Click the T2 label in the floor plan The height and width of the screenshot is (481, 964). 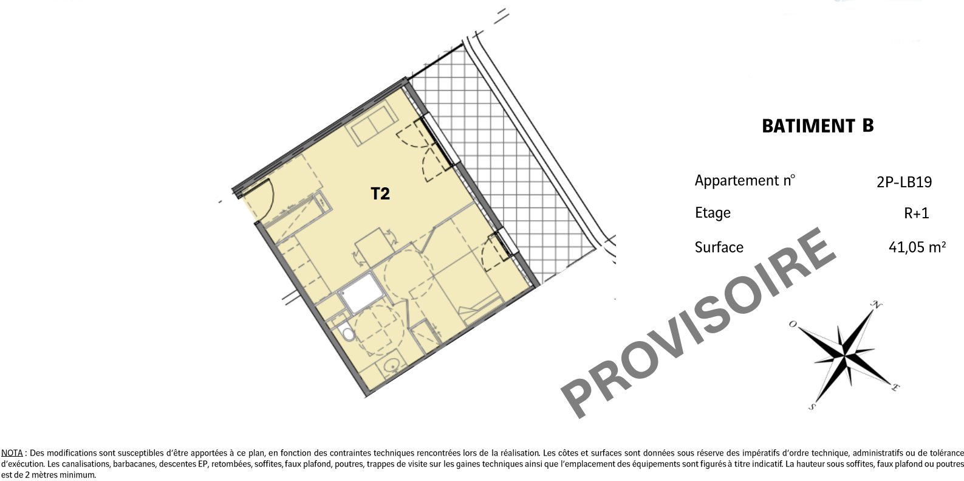[380, 193]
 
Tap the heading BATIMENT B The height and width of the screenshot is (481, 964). [818, 126]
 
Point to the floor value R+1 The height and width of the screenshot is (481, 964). [917, 213]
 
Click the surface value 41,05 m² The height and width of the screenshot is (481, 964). [917, 247]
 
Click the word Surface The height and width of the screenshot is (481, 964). [719, 247]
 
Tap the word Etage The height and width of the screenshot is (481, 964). [713, 213]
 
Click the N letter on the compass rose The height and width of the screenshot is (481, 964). [876, 305]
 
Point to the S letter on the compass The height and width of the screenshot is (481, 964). [812, 406]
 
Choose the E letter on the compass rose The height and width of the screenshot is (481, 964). [895, 387]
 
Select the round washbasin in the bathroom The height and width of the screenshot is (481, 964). [392, 365]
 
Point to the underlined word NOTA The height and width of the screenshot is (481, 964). [12, 454]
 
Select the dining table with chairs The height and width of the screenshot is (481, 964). [374, 247]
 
